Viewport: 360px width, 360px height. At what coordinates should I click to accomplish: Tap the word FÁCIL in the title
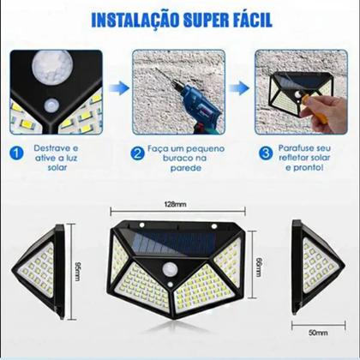click(x=249, y=19)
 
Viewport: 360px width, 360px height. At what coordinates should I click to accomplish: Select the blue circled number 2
click(x=138, y=156)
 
